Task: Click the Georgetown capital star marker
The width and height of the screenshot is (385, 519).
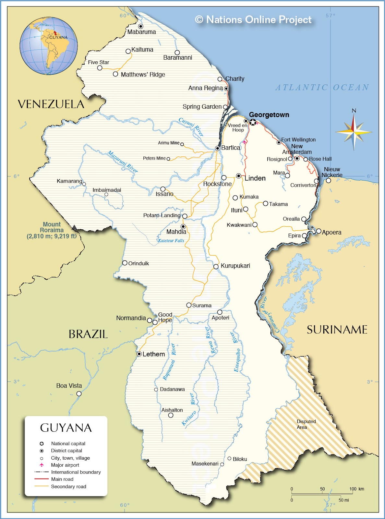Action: pyautogui.click(x=253, y=122)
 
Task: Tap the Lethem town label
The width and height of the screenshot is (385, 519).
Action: pyautogui.click(x=153, y=354)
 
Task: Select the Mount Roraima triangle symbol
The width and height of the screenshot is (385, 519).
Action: pyautogui.click(x=74, y=227)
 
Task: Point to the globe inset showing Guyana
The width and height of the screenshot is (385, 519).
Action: pyautogui.click(x=49, y=45)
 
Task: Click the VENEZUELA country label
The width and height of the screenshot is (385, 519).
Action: pyautogui.click(x=51, y=104)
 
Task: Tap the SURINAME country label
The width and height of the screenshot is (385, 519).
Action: pyautogui.click(x=337, y=330)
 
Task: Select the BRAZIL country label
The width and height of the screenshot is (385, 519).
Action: pyautogui.click(x=88, y=334)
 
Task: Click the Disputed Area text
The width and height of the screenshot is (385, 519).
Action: pyautogui.click(x=306, y=424)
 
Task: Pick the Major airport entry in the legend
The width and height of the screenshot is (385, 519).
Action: pyautogui.click(x=65, y=465)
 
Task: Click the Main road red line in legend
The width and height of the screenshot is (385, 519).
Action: pyautogui.click(x=42, y=479)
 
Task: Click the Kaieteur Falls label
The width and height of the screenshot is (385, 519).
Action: pyautogui.click(x=171, y=241)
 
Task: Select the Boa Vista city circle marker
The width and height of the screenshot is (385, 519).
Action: pyautogui.click(x=79, y=393)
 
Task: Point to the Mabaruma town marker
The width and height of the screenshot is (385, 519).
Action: pyautogui.click(x=141, y=26)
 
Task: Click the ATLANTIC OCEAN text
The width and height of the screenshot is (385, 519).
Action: pyautogui.click(x=322, y=88)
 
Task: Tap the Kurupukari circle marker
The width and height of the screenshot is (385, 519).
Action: pyautogui.click(x=216, y=267)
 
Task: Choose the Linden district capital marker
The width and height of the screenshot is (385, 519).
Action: pyautogui.click(x=239, y=176)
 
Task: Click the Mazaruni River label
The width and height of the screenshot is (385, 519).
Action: pyautogui.click(x=123, y=162)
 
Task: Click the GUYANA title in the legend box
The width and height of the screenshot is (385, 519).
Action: pyautogui.click(x=66, y=428)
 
